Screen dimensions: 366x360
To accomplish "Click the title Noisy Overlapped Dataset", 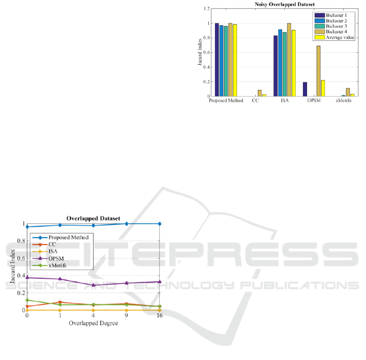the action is click(x=284, y=4).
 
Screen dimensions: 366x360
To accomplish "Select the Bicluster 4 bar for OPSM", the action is click(x=318, y=71).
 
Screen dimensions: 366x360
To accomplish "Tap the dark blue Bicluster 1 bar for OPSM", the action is click(x=305, y=89).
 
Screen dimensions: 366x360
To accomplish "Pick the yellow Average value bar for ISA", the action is click(x=294, y=63).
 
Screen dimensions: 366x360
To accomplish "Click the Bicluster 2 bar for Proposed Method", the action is click(x=221, y=61).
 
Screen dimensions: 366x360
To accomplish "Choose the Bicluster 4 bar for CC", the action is click(x=260, y=93).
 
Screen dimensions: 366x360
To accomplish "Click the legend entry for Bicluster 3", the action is click(x=331, y=26).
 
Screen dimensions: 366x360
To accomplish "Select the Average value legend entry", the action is click(x=334, y=37).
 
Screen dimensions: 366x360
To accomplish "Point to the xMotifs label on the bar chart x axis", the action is click(x=343, y=101).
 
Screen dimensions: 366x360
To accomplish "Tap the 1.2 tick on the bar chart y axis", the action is click(x=207, y=9).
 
